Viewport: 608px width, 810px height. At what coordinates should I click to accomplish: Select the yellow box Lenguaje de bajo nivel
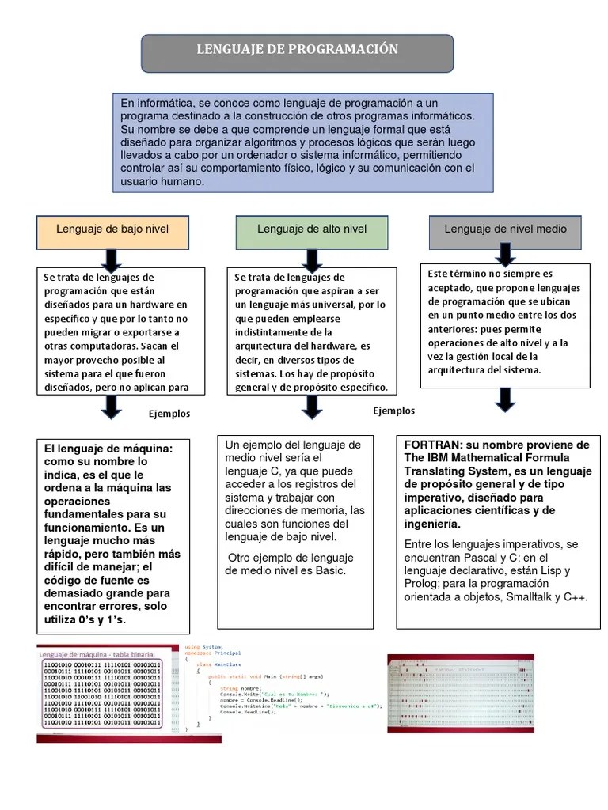pos(112,229)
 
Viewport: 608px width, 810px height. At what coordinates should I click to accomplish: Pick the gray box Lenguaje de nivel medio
pos(505,229)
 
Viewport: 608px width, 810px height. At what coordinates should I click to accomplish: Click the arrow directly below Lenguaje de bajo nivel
pos(112,259)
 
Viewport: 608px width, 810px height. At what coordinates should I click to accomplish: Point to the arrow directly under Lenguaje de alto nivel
pos(312,259)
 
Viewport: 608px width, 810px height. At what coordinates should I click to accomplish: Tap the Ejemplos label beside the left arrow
pos(169,414)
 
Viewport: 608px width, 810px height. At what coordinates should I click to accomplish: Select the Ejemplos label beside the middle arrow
pos(393,411)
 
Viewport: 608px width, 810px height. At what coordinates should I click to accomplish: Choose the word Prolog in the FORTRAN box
pos(421,584)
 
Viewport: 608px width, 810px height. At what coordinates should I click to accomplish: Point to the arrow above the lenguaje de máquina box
pos(112,406)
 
